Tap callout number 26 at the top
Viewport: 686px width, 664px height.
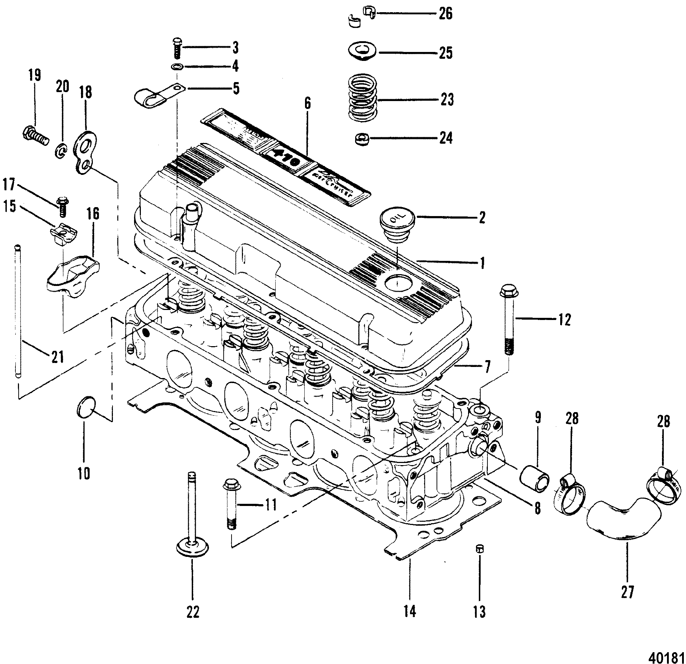click(x=446, y=14)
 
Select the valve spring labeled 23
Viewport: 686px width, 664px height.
click(x=363, y=97)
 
